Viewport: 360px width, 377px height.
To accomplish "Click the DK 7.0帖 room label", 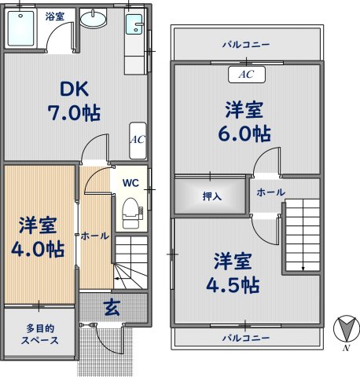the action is coord(74,101).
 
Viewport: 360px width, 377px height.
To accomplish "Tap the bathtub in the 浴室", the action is coord(21,28).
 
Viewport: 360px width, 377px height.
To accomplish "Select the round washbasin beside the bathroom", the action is coord(94,20).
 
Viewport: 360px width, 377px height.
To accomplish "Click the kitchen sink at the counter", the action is coord(134,24).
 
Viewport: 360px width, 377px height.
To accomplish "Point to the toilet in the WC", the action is coord(130,213).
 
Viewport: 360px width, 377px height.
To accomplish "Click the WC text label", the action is coord(130,183).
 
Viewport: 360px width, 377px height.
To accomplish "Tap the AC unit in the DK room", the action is coord(138,141).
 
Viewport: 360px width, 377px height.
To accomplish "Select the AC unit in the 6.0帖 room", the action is coord(247,75).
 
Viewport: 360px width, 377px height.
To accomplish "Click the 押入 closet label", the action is coord(212,196).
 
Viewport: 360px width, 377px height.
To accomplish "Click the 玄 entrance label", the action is coord(112,308).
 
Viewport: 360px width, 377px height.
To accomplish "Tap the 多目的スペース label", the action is coord(40,335).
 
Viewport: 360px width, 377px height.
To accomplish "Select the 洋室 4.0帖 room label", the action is coord(38,237).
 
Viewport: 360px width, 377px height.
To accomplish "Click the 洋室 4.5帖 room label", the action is coord(233,273).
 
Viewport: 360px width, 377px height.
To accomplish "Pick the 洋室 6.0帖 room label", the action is coord(244,122).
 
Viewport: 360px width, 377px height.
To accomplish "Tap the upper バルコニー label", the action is coord(246,45).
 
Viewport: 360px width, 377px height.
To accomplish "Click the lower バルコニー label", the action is coord(246,338).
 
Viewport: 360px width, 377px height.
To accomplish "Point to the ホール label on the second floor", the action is coord(271,192).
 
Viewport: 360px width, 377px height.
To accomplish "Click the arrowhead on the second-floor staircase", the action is coord(303,269).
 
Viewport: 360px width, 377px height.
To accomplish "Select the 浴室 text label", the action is coord(55,16).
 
